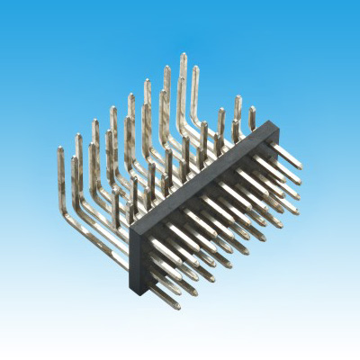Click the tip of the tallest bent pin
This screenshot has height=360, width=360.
(183, 56)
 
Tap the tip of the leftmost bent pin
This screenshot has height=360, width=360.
(61, 150)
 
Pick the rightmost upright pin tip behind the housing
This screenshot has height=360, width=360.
(253, 109)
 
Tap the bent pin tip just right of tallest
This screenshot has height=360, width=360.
(196, 67)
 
